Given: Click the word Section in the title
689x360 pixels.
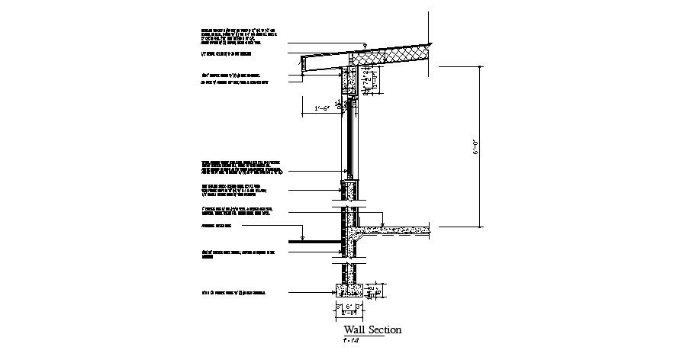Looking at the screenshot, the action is (x=385, y=330).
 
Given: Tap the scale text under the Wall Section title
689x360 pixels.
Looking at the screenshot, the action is (x=351, y=340).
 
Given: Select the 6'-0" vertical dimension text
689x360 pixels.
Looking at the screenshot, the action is (x=474, y=146).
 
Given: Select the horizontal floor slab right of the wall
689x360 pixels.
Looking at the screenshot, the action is (x=397, y=228).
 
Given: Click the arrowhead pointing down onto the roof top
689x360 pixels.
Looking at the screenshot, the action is (x=367, y=46).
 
